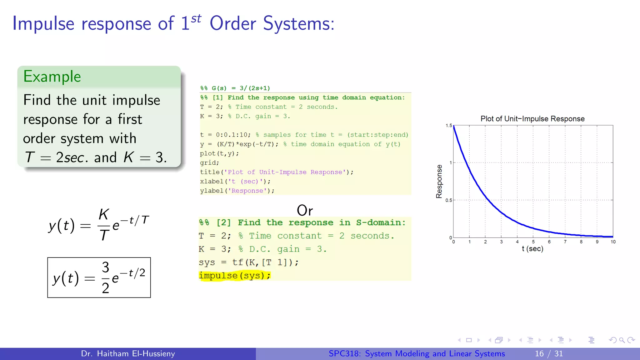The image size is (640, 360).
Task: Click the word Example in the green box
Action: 52,77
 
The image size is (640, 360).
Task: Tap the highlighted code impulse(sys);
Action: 234,276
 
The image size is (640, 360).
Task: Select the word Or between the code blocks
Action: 305,210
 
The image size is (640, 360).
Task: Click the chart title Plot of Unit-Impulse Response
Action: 532,119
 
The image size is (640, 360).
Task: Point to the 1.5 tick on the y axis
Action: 449,126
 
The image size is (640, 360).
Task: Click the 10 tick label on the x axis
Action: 613,242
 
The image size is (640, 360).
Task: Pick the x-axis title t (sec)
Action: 532,249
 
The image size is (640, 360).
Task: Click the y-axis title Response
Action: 439,182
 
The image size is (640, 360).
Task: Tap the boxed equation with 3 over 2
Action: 99,277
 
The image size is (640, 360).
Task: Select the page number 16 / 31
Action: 549,354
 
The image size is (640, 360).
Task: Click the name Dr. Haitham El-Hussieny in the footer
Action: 128,354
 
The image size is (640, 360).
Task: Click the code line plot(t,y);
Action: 219,153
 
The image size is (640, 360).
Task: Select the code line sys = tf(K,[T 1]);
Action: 248,262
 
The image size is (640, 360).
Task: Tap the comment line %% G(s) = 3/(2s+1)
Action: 235,88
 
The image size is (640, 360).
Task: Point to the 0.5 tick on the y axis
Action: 448,200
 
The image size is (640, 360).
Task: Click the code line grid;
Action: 209,163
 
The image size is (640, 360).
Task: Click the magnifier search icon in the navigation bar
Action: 622,340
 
